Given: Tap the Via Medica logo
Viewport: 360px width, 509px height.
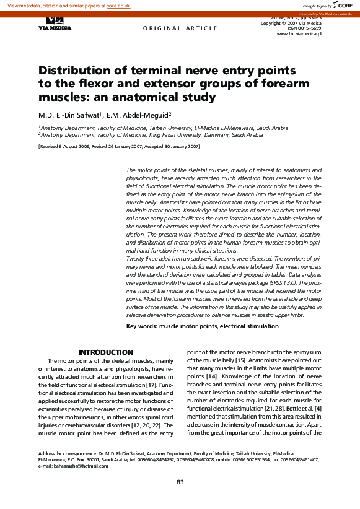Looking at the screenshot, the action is pos(55,24).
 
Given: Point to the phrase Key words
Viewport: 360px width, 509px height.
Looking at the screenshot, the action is pos(141,326).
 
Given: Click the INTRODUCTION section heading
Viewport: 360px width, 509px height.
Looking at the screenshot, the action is pos(105,352).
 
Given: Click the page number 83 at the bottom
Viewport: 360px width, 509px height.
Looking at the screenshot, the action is pos(180,482).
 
